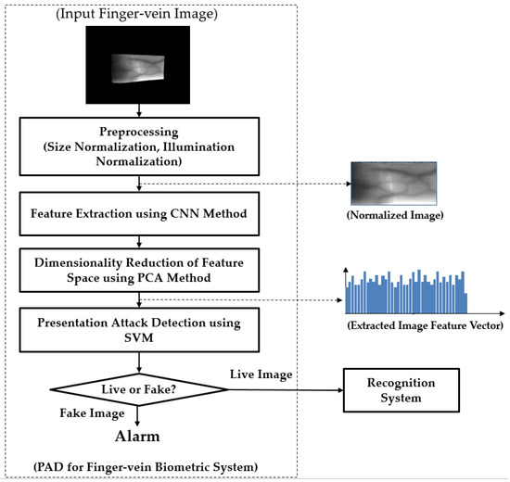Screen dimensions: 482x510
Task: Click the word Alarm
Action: pos(138,437)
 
